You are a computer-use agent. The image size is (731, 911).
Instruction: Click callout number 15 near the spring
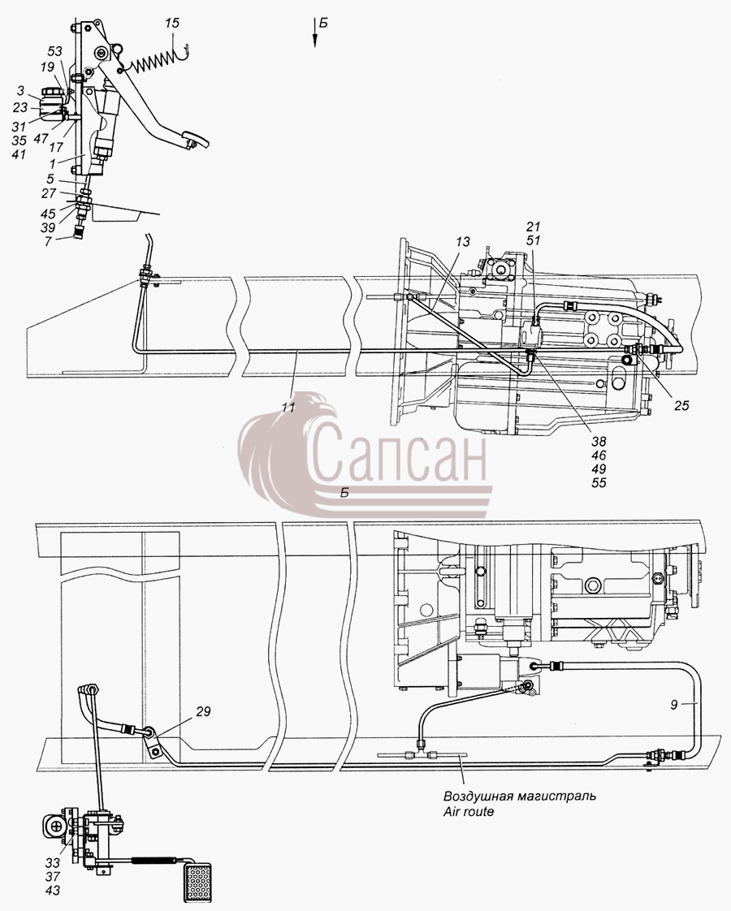172,24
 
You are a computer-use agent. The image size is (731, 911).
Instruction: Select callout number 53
54,52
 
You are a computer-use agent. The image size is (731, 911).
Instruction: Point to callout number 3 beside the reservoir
21,91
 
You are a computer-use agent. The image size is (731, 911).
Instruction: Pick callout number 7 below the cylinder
48,241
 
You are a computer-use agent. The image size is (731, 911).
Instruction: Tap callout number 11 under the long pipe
288,407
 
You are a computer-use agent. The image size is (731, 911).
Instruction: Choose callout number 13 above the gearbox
462,241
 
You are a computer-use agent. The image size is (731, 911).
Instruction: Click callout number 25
681,405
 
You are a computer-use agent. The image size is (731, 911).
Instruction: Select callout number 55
599,483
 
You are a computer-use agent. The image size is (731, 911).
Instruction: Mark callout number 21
534,227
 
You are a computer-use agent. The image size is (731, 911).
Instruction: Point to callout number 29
203,712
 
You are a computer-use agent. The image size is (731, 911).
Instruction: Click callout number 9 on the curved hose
673,705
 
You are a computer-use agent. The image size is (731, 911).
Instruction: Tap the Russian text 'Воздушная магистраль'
520,796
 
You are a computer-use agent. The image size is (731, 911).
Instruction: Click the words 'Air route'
469,812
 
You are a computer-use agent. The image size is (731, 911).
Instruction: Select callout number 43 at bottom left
52,891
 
